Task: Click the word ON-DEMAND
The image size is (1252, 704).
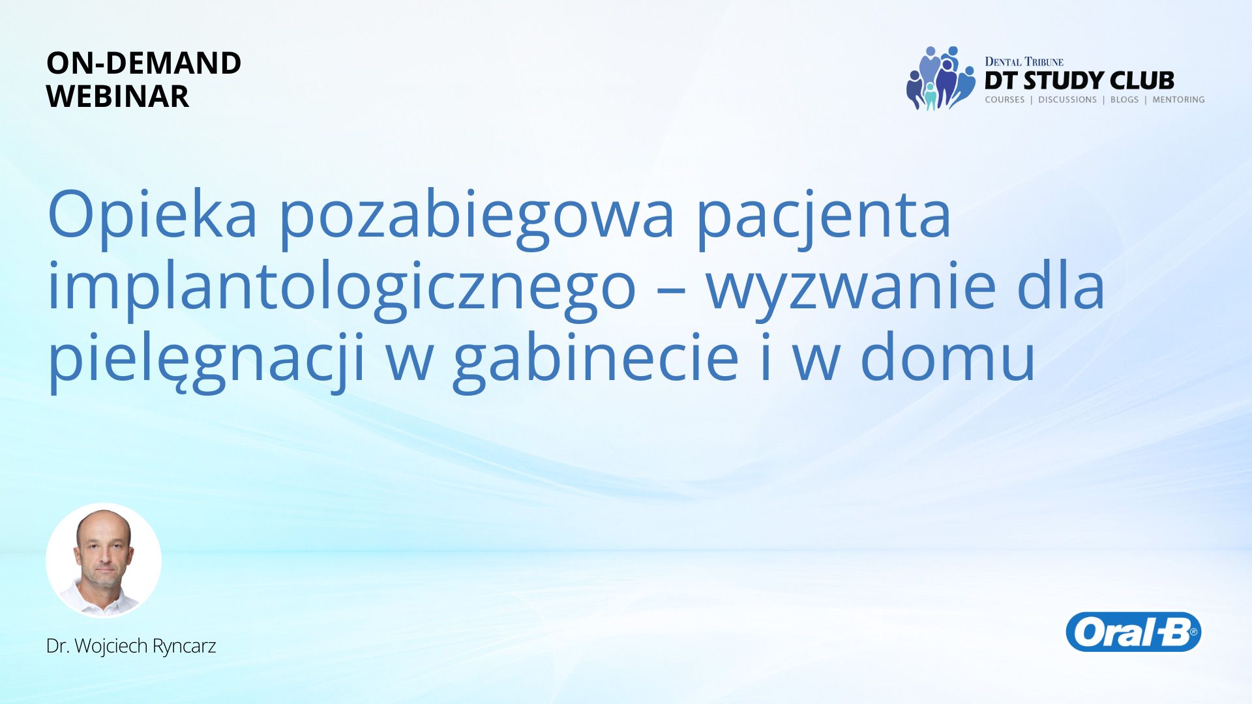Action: point(143,63)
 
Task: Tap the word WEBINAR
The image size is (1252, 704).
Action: point(117,96)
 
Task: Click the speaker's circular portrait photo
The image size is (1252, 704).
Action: point(104,560)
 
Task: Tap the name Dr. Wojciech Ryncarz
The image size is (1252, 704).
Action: point(131,646)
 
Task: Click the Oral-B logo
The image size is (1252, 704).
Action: point(1133,632)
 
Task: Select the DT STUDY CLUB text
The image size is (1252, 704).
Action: point(1079,81)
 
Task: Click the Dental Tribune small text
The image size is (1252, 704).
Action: point(1024,62)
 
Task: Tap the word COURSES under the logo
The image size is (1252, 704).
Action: point(1005,100)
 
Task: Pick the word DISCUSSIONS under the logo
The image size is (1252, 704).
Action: point(1067,100)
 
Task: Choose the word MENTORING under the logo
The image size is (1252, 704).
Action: point(1178,100)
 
